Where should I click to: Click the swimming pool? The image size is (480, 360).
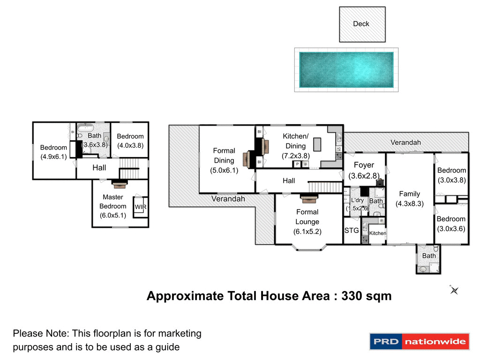(x=346, y=69)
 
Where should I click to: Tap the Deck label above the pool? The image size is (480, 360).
(x=361, y=23)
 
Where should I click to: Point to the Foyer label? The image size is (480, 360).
(x=364, y=165)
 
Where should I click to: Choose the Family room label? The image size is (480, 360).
(x=409, y=194)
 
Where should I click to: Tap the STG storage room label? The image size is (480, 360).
(x=352, y=230)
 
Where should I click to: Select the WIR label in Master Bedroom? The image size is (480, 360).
(x=140, y=207)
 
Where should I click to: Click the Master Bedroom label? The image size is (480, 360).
(x=112, y=202)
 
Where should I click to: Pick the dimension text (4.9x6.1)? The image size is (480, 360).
(x=53, y=157)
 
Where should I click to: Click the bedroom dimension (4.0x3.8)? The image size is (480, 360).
(x=130, y=145)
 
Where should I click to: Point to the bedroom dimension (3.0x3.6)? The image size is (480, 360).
(x=451, y=228)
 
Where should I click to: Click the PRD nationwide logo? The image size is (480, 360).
(x=419, y=341)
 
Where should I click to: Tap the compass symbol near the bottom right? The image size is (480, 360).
(x=454, y=290)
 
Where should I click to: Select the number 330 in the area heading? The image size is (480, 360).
(x=354, y=296)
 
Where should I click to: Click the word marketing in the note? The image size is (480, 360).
(x=180, y=333)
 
